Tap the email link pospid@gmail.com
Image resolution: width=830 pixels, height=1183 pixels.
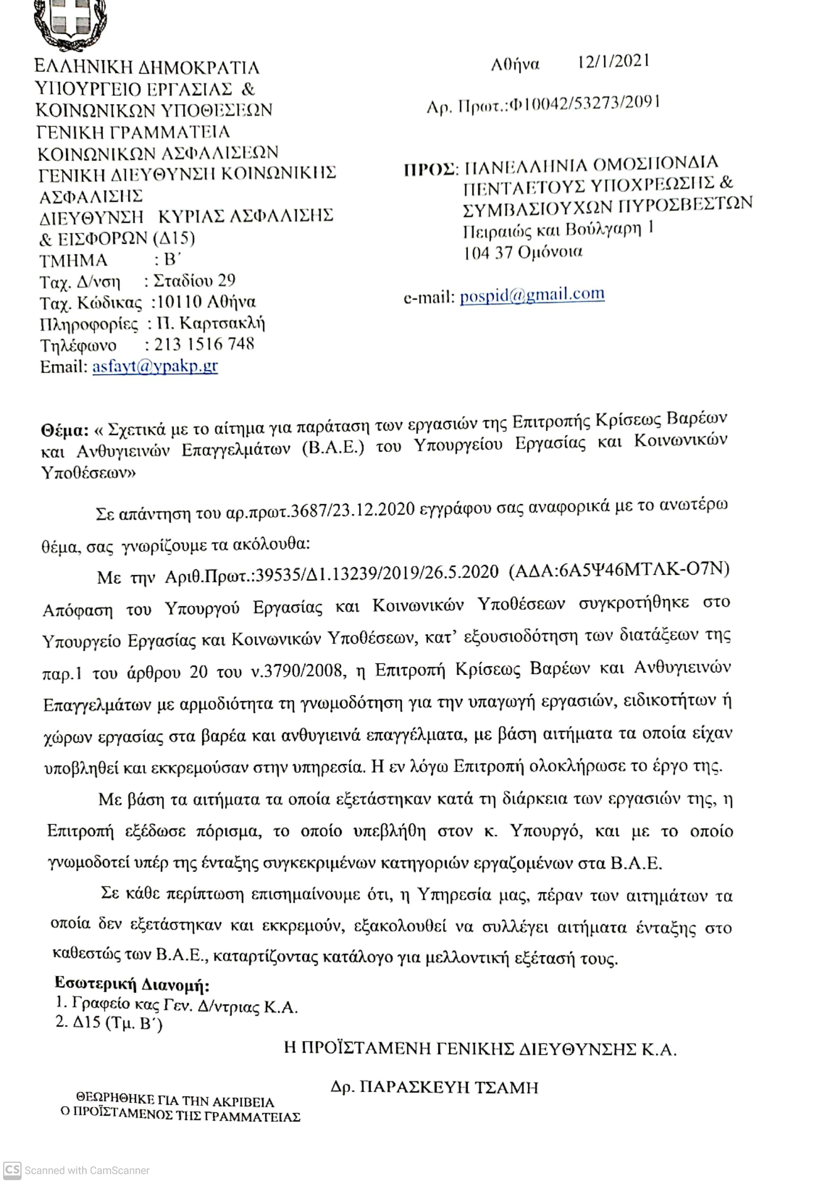pyautogui.click(x=532, y=295)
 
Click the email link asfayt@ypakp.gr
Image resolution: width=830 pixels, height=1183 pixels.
pyautogui.click(x=154, y=366)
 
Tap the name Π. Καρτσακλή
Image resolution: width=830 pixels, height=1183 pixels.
pyautogui.click(x=211, y=323)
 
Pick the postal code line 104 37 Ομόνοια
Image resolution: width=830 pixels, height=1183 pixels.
pyautogui.click(x=523, y=253)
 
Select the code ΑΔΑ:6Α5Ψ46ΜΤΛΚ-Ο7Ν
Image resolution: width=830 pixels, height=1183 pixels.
pyautogui.click(x=619, y=569)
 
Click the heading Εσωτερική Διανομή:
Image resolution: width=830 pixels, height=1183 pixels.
pyautogui.click(x=132, y=984)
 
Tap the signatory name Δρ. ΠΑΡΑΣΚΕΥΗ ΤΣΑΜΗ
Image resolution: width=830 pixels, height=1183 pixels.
pyautogui.click(x=434, y=1087)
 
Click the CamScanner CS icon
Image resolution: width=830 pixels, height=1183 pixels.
pyautogui.click(x=12, y=1170)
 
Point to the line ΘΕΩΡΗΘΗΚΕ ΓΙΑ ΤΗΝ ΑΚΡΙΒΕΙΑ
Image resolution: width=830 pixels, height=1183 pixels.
pyautogui.click(x=175, y=1102)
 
